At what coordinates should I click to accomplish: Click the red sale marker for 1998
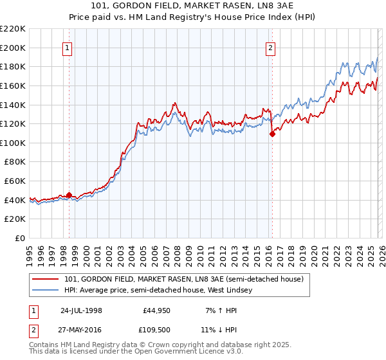(69, 195)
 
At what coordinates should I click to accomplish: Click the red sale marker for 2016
(271, 134)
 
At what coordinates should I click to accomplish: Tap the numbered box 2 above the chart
(271, 47)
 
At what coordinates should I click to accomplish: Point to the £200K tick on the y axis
(13, 48)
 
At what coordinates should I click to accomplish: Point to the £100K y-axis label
(13, 143)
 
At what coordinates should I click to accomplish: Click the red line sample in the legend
(46, 279)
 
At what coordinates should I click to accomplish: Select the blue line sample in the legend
(46, 291)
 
